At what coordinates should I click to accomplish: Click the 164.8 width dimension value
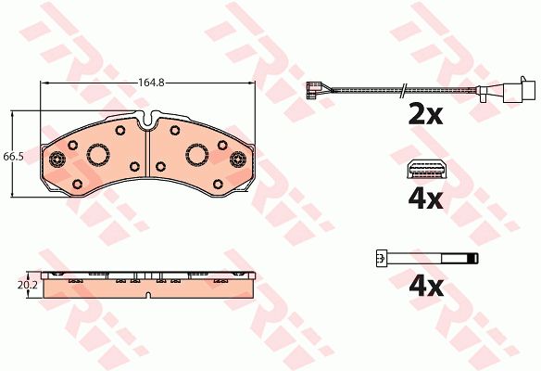click(151, 83)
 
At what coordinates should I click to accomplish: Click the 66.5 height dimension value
click(13, 157)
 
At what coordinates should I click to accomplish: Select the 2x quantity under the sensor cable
click(425, 114)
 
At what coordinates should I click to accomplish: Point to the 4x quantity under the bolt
click(426, 287)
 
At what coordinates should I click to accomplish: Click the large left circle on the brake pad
click(98, 154)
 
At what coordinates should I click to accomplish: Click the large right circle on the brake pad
click(197, 154)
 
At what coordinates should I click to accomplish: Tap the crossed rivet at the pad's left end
click(57, 160)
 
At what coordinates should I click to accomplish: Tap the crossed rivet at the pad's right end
click(238, 160)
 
